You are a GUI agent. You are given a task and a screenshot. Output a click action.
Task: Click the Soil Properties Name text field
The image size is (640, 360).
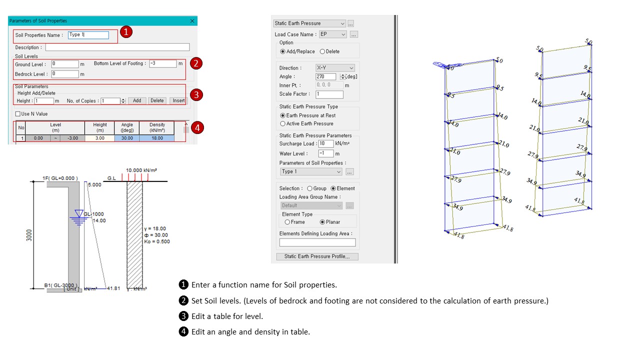point(88,35)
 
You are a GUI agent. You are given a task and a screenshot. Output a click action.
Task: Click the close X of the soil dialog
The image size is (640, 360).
point(192,21)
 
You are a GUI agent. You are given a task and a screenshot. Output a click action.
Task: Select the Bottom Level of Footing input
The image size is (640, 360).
point(162,63)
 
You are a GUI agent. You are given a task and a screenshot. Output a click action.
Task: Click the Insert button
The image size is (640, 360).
point(178,100)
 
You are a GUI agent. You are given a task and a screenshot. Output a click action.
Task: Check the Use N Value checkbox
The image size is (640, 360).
point(18,114)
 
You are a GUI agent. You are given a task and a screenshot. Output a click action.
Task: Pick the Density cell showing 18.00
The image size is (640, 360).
point(157,138)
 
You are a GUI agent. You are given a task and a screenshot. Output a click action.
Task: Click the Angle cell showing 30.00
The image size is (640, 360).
point(127,138)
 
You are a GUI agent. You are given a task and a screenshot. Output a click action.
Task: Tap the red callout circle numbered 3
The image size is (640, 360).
point(197,94)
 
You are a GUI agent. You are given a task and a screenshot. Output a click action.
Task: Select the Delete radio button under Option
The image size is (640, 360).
point(322,51)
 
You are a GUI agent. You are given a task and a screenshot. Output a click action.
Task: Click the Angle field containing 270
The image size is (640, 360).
point(326,76)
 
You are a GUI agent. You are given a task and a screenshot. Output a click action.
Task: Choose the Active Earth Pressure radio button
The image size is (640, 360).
point(283,123)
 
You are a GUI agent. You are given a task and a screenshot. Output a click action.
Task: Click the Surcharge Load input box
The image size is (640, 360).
point(326,143)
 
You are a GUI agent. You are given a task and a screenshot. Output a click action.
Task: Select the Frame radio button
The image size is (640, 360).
point(287,222)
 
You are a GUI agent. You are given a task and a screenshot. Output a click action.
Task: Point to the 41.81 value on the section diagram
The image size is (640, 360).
point(114,288)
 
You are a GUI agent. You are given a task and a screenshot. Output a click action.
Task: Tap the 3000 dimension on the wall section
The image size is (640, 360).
point(29,235)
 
